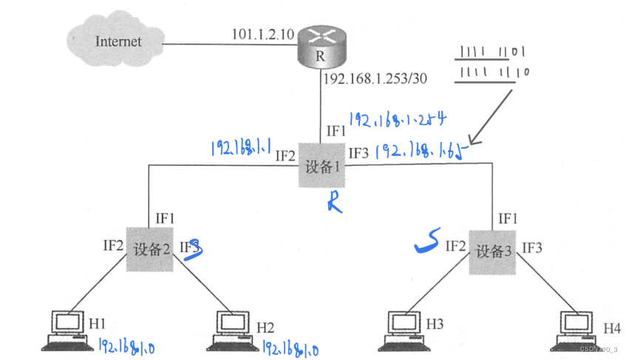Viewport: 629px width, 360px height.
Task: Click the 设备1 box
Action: [322, 166]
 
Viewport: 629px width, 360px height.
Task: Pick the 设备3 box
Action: [492, 250]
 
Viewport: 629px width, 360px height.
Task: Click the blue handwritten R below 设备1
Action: [335, 201]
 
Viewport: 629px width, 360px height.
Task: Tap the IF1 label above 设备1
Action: [336, 131]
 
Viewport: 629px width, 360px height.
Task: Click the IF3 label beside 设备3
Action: [532, 247]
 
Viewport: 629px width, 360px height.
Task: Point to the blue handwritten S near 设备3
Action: [426, 240]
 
